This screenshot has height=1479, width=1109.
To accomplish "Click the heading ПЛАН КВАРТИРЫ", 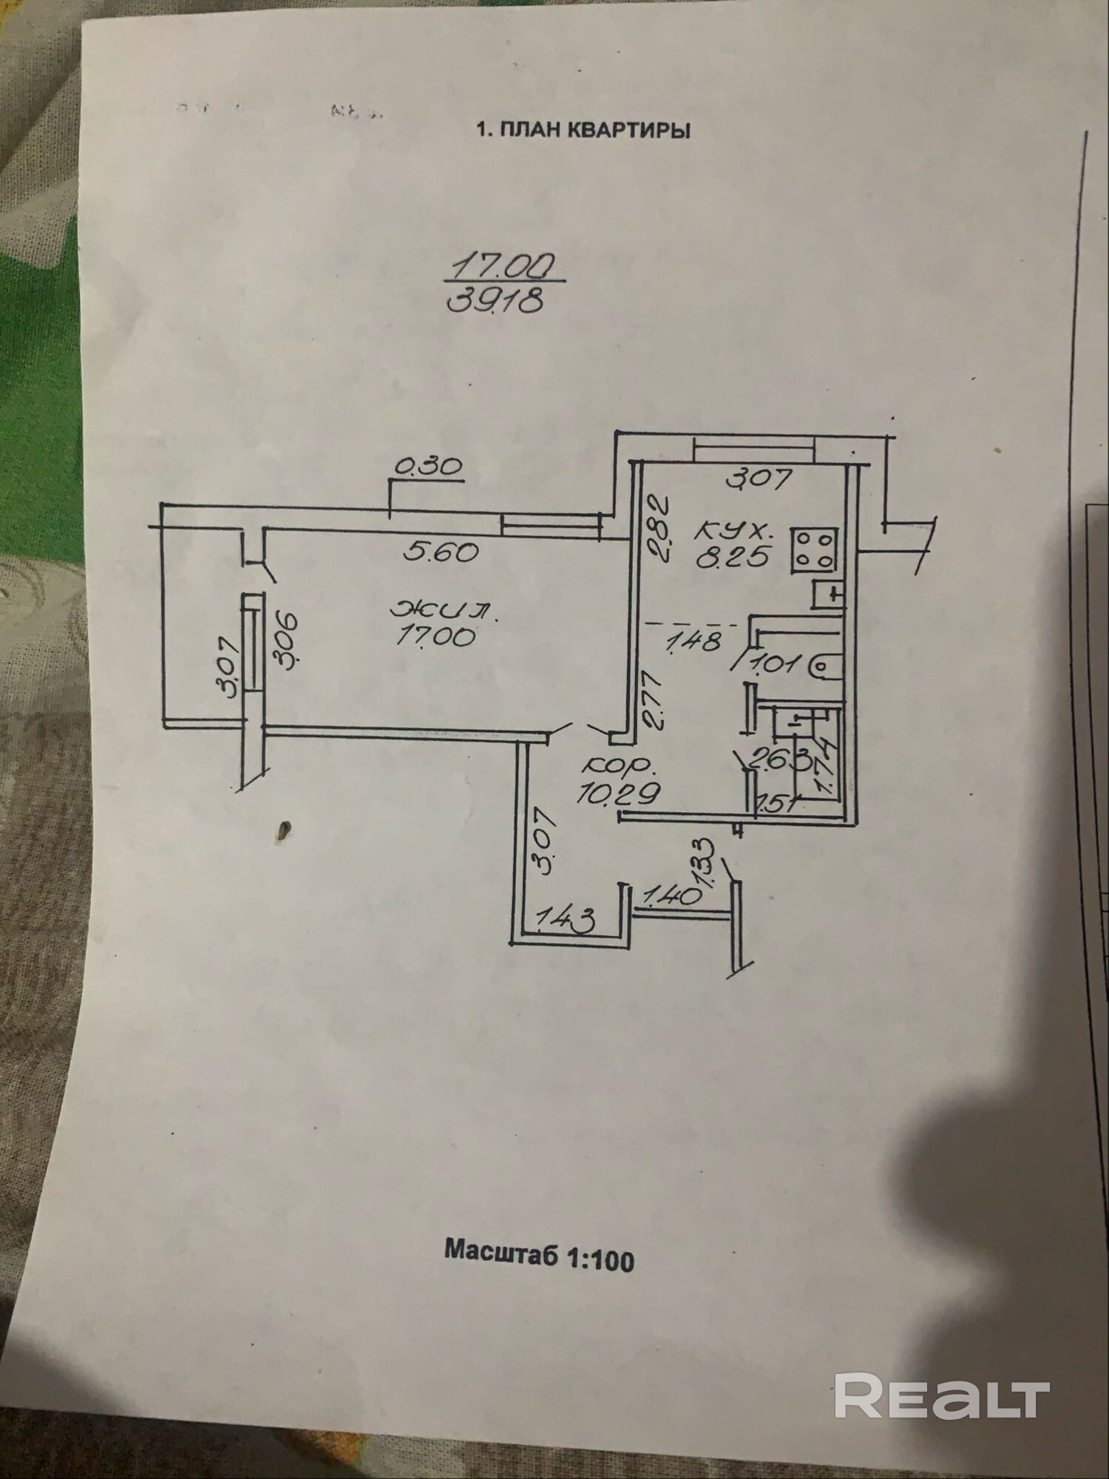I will pos(584,131).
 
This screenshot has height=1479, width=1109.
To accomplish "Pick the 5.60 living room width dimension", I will pos(442,552).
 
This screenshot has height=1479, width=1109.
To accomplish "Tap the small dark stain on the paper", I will pos(282,833).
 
